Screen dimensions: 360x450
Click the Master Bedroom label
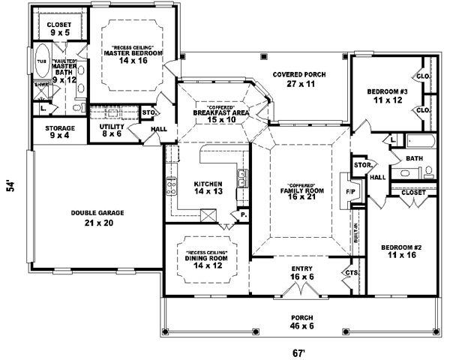coord(133,54)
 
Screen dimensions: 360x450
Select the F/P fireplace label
coord(349,192)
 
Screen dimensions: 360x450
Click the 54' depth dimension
coord(11,185)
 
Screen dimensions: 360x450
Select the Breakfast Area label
coord(216,114)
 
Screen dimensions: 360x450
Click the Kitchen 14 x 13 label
coord(208,188)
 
